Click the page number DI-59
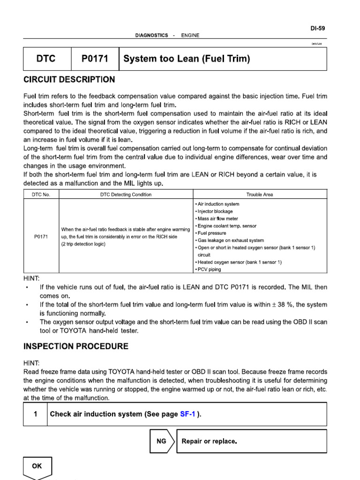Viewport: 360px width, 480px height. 317,28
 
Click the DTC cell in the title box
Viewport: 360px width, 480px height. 46,59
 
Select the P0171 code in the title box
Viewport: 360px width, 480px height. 95,59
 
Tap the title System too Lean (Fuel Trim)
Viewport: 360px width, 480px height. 187,59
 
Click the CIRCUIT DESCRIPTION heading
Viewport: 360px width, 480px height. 69,79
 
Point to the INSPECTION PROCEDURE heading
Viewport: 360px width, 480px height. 75,346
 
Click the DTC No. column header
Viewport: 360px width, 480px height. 41,195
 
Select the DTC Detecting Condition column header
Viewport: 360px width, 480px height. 126,195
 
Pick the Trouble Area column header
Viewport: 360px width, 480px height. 259,195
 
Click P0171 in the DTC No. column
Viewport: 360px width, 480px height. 41,237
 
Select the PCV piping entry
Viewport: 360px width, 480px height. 209,270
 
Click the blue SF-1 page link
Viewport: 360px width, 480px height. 187,414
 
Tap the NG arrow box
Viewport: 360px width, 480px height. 162,441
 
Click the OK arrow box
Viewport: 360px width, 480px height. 37,466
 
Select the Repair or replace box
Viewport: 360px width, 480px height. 251,441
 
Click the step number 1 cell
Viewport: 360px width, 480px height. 35,414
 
